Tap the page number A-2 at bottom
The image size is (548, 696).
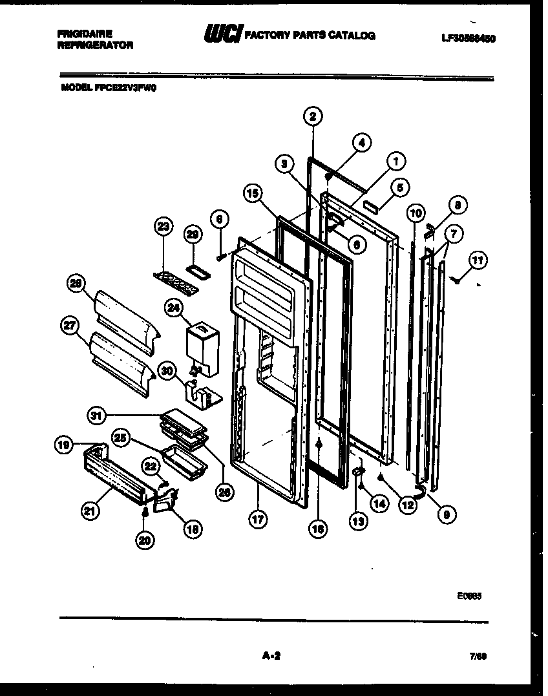pos(271,656)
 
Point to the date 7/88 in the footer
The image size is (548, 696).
pos(478,656)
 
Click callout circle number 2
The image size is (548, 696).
pos(313,117)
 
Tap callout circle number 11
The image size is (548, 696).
pos(478,261)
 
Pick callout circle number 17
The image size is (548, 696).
pos(258,520)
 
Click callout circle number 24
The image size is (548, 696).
pos(173,309)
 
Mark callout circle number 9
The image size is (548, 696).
pos(447,514)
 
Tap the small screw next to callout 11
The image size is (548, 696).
pos(457,279)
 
